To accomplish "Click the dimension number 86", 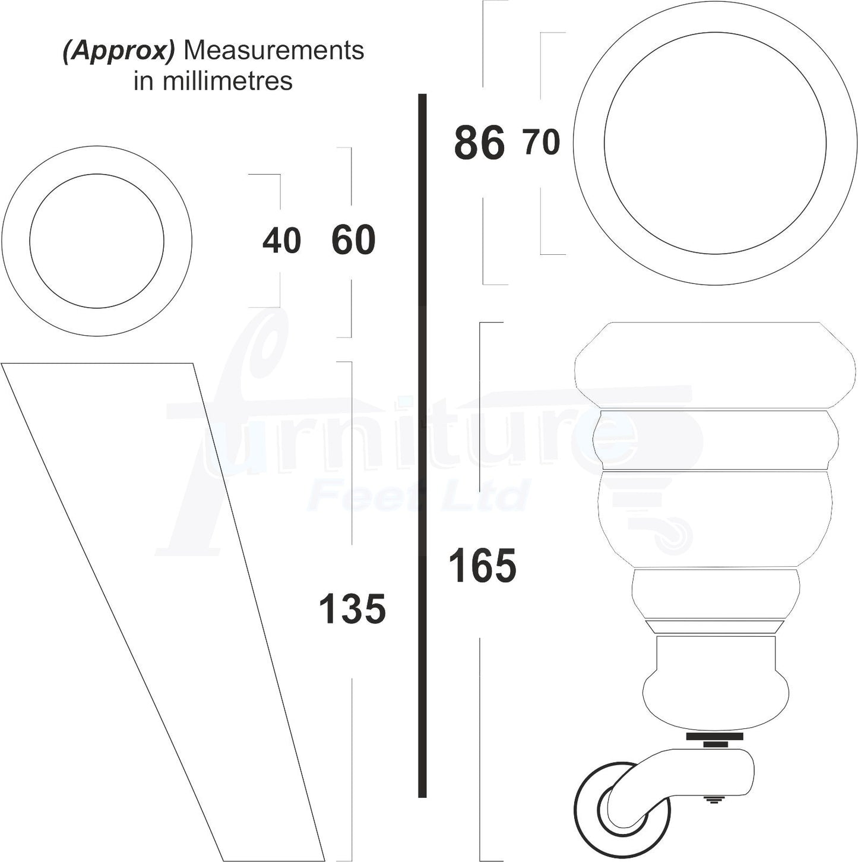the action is coord(479,143).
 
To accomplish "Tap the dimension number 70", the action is coord(542,142).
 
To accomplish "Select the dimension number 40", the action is coord(281,241).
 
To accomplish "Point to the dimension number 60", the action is coord(354,240).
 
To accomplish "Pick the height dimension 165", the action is coord(482,566).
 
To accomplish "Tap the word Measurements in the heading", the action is coord(274,50).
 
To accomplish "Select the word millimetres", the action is coord(227,81).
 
